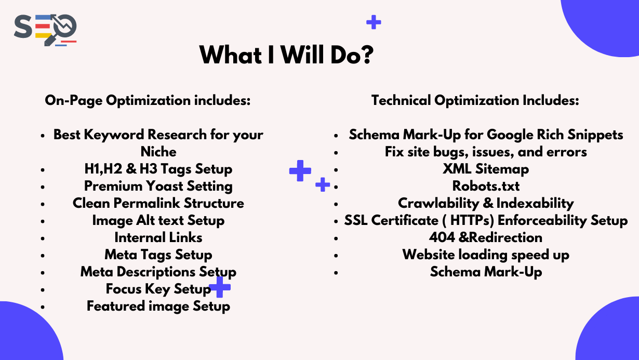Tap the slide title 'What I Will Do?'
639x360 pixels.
pyautogui.click(x=286, y=55)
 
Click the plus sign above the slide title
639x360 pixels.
pyautogui.click(x=374, y=22)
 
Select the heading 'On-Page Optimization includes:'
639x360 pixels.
pyautogui.click(x=148, y=100)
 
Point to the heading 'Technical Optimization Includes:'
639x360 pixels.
pyautogui.click(x=475, y=100)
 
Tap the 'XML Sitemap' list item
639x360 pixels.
pyautogui.click(x=486, y=169)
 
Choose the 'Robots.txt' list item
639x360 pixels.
pyautogui.click(x=486, y=186)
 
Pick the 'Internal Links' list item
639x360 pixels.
pyautogui.click(x=158, y=237)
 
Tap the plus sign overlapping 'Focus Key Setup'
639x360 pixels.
pyautogui.click(x=220, y=287)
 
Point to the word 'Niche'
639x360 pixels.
pyautogui.click(x=158, y=152)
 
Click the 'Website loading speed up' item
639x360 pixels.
pyautogui.click(x=486, y=255)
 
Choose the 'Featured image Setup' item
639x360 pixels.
pyautogui.click(x=158, y=306)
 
